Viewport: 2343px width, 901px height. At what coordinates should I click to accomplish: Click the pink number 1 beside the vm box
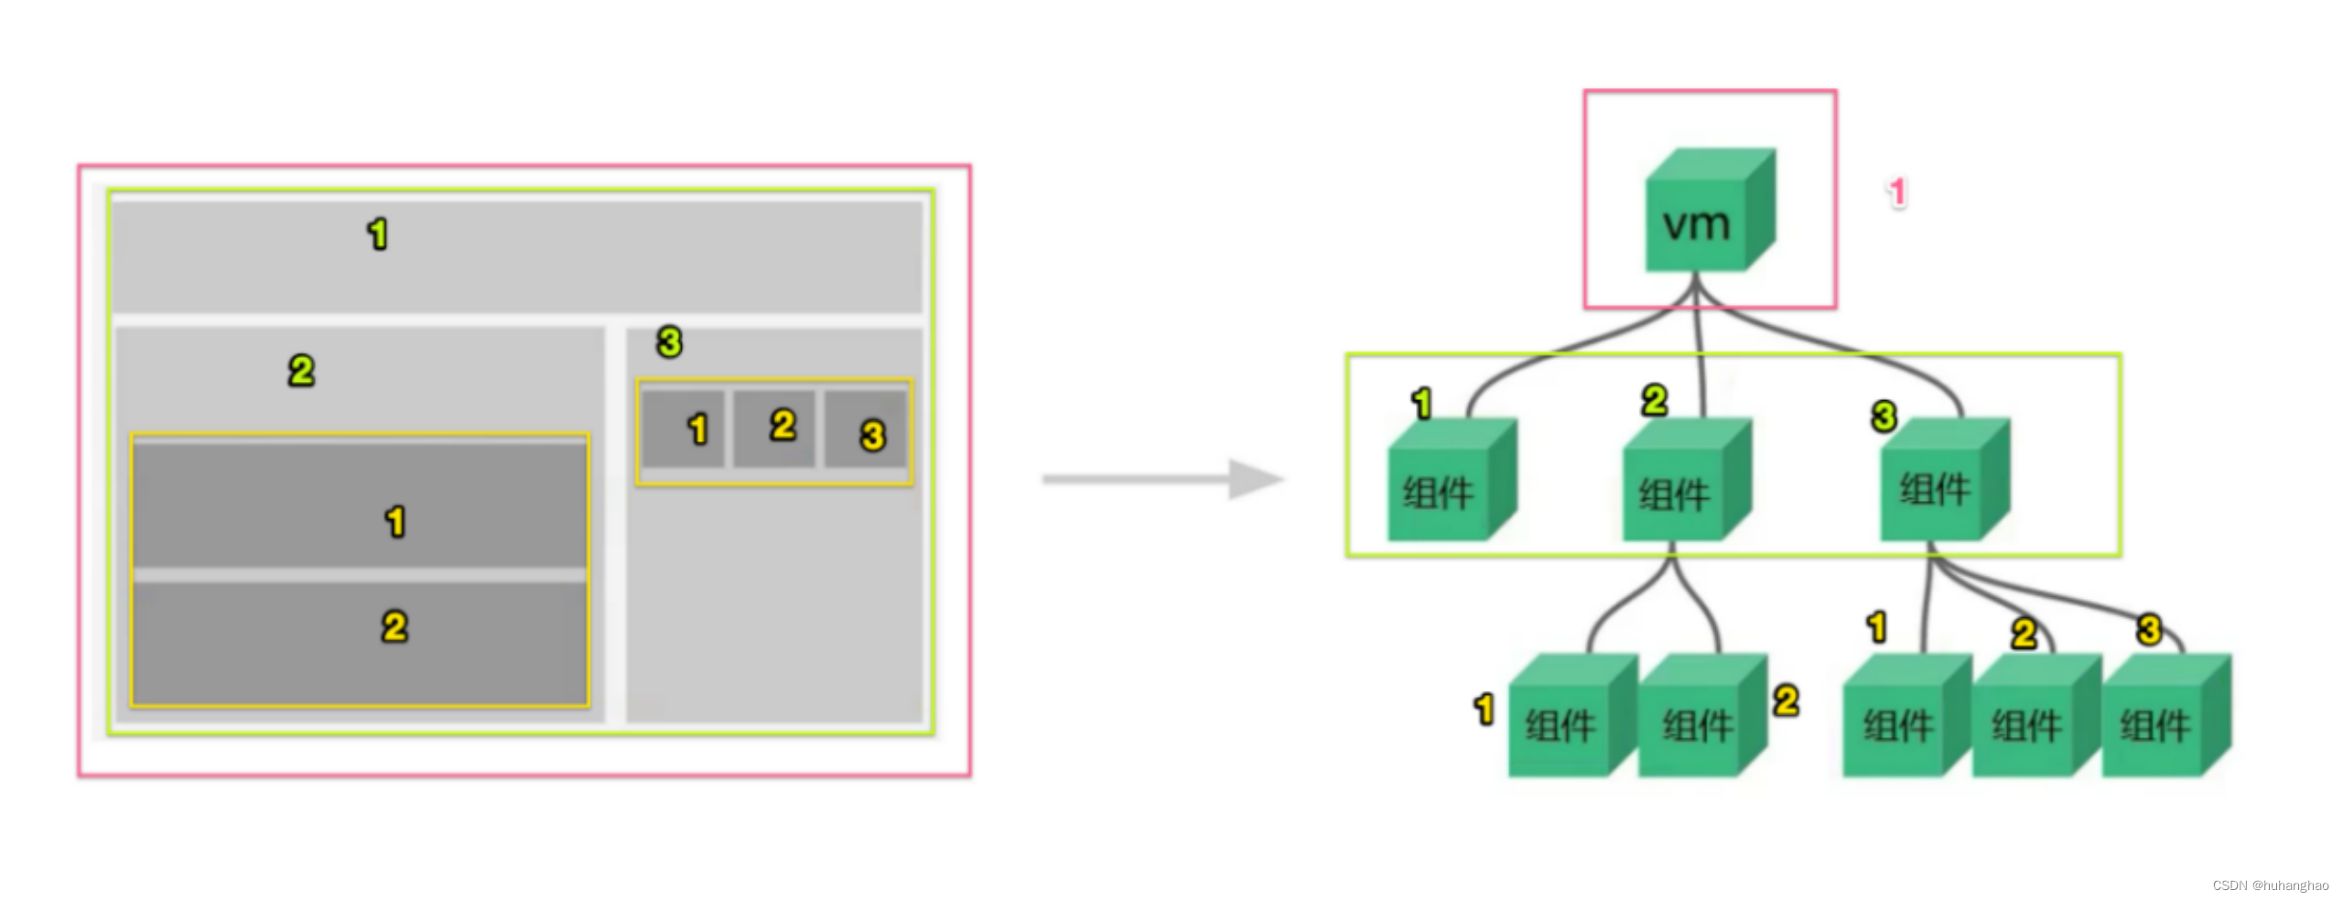coord(1896,192)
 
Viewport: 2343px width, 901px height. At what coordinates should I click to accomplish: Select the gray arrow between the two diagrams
coord(1162,479)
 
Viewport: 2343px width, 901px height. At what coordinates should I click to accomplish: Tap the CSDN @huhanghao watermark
coord(2270,885)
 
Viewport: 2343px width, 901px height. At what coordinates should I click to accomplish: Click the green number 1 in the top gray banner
coord(377,234)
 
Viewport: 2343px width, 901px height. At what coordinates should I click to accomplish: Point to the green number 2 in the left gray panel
coord(301,371)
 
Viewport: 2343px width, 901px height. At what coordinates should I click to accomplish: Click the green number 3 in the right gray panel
coord(669,342)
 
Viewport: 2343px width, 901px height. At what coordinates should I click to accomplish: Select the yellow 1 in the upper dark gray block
coord(394,522)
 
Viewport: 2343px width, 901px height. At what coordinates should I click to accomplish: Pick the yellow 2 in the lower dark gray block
coord(394,627)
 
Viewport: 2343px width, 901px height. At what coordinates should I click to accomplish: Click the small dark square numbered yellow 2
coord(774,428)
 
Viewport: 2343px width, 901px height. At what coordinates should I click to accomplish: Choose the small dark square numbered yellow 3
coord(866,429)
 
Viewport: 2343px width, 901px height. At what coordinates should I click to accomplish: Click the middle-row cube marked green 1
coord(1449,483)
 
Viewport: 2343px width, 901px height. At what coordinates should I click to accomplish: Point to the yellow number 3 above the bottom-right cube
coord(2149,630)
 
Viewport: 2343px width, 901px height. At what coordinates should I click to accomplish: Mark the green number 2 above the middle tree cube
coord(1654,400)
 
